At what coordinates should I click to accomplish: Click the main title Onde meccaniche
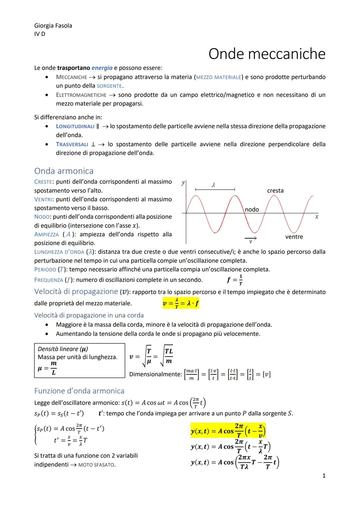[x=267, y=54]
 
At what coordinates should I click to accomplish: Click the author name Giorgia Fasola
[x=53, y=26]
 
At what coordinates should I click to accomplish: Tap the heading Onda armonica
[x=64, y=171]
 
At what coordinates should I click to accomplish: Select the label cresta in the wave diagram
[x=275, y=191]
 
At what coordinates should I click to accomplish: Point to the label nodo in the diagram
[x=252, y=209]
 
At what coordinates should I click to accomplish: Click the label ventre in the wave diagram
[x=294, y=237]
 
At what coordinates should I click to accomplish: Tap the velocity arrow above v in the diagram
[x=251, y=238]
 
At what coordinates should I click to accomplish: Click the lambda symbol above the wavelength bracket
[x=213, y=184]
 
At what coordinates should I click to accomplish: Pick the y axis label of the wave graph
[x=183, y=183]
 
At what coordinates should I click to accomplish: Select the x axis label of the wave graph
[x=317, y=217]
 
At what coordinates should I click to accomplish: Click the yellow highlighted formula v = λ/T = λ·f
[x=181, y=303]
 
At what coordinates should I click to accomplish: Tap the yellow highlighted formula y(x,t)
[x=228, y=431]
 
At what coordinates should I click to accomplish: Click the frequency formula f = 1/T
[x=235, y=280]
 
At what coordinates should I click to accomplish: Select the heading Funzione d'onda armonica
[x=79, y=391]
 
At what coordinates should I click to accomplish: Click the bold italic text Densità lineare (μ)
[x=63, y=349]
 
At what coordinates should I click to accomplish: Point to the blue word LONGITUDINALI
[x=75, y=126]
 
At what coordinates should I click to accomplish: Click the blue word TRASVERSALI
[x=72, y=144]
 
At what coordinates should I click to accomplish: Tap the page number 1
[x=324, y=476]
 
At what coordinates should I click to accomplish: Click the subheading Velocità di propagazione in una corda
[x=89, y=315]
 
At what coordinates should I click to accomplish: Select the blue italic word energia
[x=102, y=68]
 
